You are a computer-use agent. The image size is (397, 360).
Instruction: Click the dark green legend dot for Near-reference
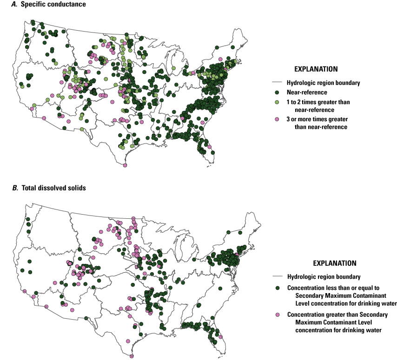click(x=277, y=92)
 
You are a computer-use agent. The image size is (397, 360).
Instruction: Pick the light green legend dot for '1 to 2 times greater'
click(x=277, y=102)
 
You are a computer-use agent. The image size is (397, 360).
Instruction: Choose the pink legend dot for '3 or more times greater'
click(x=277, y=119)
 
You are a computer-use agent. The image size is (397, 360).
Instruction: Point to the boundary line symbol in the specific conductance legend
click(x=277, y=83)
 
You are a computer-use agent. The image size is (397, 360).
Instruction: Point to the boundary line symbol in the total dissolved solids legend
click(x=277, y=276)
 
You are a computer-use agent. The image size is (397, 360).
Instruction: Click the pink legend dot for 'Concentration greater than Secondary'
click(x=278, y=314)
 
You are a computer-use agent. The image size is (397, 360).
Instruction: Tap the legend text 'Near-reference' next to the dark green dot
click(x=305, y=92)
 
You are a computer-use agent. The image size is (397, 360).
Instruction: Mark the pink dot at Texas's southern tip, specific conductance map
click(x=125, y=165)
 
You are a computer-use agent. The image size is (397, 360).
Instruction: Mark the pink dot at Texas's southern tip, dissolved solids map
click(x=132, y=356)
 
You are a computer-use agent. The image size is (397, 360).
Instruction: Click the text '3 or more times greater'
click(x=318, y=119)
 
